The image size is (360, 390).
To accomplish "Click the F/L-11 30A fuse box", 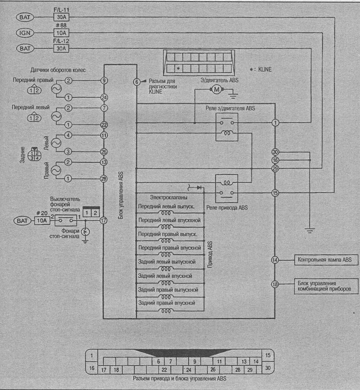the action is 61,17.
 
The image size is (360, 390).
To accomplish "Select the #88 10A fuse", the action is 61,33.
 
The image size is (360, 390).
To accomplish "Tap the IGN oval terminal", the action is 25,33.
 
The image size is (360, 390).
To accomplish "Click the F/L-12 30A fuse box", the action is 61,48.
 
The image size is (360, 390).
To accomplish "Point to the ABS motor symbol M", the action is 217,90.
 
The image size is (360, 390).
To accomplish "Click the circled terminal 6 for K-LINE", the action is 137,81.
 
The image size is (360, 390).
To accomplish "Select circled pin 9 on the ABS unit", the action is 104,81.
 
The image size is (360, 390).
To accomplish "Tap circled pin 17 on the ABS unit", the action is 103,221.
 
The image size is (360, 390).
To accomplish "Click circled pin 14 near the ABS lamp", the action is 275,260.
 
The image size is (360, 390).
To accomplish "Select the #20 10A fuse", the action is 42,221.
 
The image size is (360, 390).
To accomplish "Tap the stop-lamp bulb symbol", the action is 85,232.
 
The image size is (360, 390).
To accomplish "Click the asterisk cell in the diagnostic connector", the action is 178,68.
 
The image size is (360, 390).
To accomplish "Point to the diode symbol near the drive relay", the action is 199,187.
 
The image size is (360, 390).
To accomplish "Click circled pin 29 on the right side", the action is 275,169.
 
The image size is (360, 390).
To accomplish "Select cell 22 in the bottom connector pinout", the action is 164,369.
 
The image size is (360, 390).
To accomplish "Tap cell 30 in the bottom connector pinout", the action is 268,368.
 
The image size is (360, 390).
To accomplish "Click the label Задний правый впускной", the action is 167,303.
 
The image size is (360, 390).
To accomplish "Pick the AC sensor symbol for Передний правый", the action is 56,89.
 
